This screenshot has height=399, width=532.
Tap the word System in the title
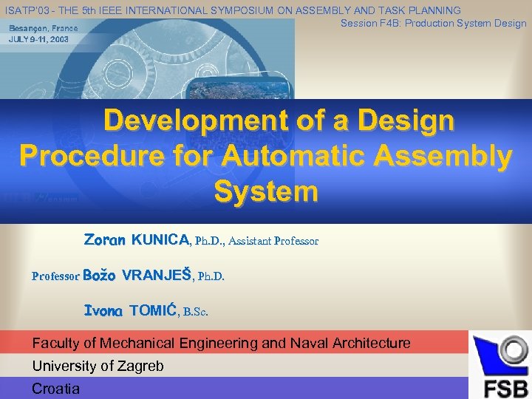click(265, 191)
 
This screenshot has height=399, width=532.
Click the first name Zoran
click(105, 240)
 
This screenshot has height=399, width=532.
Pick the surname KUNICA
click(160, 240)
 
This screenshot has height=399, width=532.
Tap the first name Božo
click(100, 276)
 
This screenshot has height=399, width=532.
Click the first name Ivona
click(103, 311)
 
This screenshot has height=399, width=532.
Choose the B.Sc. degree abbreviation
click(196, 312)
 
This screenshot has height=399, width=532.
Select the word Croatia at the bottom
click(56, 389)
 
